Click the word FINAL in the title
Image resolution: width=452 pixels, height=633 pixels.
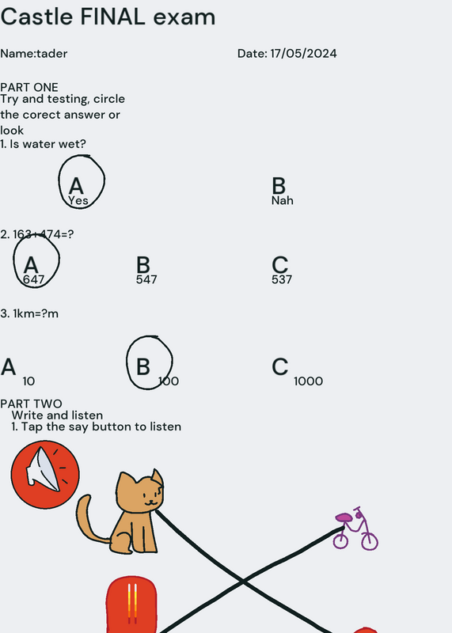click(x=112, y=17)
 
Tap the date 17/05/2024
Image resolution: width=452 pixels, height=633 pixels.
click(x=303, y=53)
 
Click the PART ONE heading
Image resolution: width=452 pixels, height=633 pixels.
click(x=29, y=87)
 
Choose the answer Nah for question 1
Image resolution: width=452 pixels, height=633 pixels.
click(x=283, y=200)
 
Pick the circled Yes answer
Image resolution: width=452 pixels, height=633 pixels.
click(x=78, y=200)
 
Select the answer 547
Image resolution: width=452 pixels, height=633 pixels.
click(x=146, y=279)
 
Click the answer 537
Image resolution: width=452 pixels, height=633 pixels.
click(x=282, y=279)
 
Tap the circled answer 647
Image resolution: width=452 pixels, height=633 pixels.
click(x=33, y=279)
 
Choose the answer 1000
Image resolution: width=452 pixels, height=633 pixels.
click(x=308, y=381)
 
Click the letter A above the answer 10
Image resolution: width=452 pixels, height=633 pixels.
click(x=9, y=367)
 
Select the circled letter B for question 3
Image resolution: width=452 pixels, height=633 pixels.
click(x=143, y=367)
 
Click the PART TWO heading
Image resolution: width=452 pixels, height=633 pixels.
click(x=31, y=404)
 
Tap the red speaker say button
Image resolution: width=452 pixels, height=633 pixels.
click(x=45, y=474)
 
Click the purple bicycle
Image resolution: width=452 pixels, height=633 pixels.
click(x=355, y=529)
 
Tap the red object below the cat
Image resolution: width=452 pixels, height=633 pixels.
click(x=131, y=605)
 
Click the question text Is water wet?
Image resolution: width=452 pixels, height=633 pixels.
click(x=47, y=144)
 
